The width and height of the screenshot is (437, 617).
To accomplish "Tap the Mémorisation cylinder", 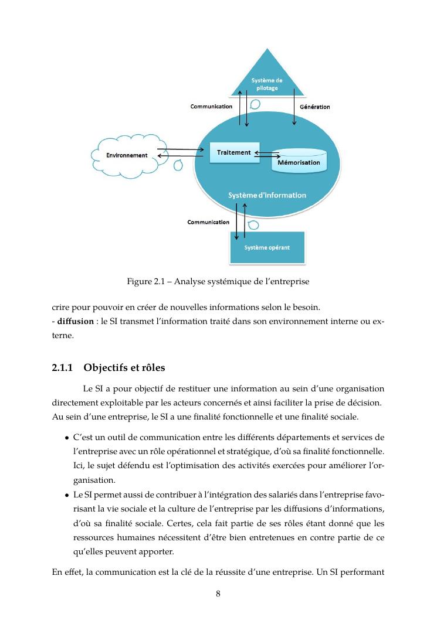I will (x=299, y=161).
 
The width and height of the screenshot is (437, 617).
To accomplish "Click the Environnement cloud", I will (x=127, y=155).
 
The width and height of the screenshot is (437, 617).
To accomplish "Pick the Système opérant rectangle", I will (x=267, y=247).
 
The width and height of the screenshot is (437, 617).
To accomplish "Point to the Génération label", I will (x=315, y=107).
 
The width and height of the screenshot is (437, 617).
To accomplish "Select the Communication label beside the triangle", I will (x=211, y=107).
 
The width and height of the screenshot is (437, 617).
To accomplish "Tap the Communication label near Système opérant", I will (x=208, y=222).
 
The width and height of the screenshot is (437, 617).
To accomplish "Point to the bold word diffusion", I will (x=76, y=321).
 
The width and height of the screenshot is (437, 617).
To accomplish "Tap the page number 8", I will (x=218, y=594).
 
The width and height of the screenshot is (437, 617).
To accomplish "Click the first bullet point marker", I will (x=67, y=438).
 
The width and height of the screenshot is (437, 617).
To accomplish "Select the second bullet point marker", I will (x=67, y=495).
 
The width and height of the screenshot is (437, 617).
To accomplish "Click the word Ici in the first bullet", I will (x=79, y=466).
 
